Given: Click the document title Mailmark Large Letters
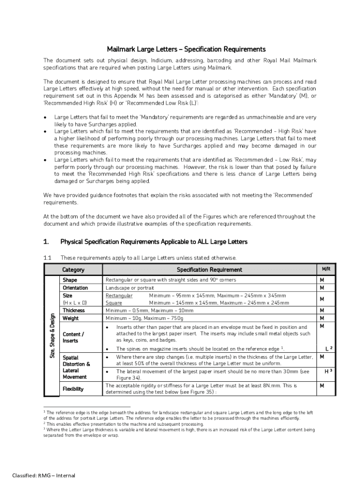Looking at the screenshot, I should click(x=186, y=49).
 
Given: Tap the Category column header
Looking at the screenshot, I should click(x=73, y=269).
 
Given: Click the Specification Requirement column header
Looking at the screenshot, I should click(x=209, y=269).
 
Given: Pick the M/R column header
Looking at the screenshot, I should click(x=325, y=269).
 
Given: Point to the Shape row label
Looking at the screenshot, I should click(x=70, y=280).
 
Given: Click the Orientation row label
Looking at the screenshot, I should click(x=75, y=288).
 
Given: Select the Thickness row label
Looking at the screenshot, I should click(x=74, y=310).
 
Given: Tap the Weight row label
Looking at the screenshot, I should click(x=71, y=318).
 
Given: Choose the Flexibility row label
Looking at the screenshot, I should click(x=73, y=389).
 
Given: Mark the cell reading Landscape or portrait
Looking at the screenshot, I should click(x=130, y=288).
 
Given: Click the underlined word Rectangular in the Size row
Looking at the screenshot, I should click(x=119, y=296).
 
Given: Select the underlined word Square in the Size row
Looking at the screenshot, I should click(x=114, y=303).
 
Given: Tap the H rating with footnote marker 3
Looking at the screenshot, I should click(x=328, y=371).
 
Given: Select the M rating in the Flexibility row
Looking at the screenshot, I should click(x=322, y=386).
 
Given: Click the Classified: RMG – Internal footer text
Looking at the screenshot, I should click(x=44, y=475).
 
